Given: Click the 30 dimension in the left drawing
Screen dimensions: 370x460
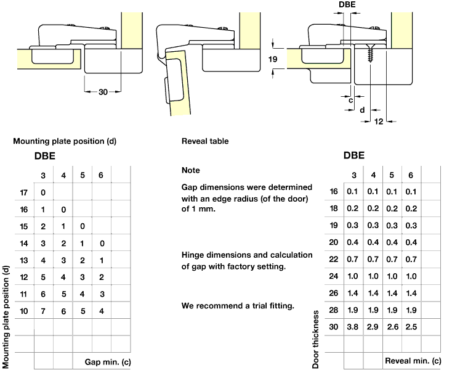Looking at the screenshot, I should coord(102,92).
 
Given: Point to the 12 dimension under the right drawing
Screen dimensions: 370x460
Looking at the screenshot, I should coord(378,121).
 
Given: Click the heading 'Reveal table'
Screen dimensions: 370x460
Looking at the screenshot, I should coord(205,141).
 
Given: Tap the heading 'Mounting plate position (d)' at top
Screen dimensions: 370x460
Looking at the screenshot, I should coord(65,141).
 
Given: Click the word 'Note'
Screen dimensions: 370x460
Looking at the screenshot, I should coord(191,170).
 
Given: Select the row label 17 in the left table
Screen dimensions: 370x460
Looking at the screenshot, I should coord(25,192).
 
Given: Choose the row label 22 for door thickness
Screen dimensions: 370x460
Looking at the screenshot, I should coord(334,258).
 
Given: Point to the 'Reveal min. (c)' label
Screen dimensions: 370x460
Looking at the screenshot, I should coord(413,360).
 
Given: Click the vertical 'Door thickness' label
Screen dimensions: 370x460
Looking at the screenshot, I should coord(316,339).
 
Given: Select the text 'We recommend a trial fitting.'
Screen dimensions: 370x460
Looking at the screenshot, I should coord(237,306).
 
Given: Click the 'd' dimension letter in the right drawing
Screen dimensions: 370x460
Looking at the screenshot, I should coord(362,110).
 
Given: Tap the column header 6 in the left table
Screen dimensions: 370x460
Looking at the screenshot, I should coord(102,176).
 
